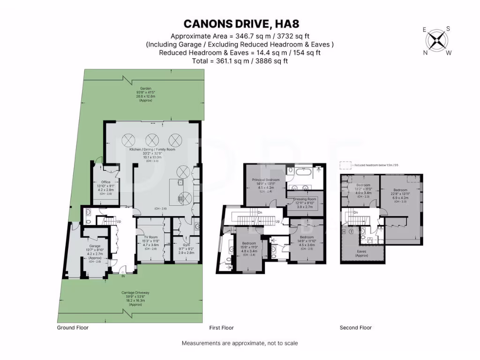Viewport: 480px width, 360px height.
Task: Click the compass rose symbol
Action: (x=437, y=41)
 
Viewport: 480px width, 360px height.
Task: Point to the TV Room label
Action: (x=151, y=237)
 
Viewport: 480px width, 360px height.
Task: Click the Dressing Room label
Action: (x=305, y=199)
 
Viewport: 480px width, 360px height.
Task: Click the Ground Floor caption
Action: (x=72, y=328)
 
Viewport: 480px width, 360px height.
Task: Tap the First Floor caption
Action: (x=221, y=328)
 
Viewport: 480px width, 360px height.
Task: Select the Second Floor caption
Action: (x=356, y=328)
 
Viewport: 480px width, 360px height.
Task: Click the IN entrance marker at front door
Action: (x=123, y=277)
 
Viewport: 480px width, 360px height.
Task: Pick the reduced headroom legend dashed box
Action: (x=345, y=165)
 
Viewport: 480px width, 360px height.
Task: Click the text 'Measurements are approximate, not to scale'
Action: (x=240, y=343)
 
